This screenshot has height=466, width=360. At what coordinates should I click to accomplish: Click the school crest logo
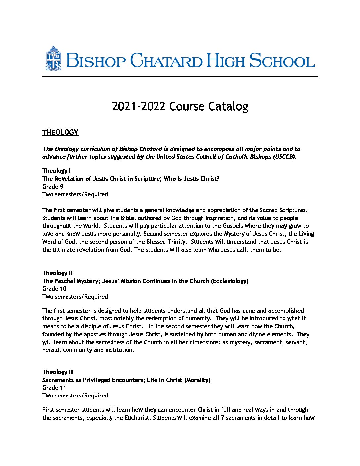click(x=53, y=59)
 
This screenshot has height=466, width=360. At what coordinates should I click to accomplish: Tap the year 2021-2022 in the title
click(x=138, y=107)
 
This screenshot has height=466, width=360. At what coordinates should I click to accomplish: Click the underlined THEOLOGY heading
click(x=60, y=132)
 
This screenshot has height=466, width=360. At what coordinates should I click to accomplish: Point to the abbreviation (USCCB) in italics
click(x=285, y=157)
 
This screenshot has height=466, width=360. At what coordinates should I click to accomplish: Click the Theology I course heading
click(x=56, y=171)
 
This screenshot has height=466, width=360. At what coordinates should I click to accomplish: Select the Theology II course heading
click(x=57, y=273)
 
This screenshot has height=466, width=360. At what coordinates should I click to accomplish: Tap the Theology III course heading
click(x=58, y=372)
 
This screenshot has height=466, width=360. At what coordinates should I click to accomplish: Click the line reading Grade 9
click(x=53, y=187)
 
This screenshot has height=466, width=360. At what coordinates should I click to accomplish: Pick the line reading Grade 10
click(x=54, y=289)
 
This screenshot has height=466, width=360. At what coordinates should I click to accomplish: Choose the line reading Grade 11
click(x=54, y=388)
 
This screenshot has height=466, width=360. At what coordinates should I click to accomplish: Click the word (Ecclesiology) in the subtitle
click(x=230, y=281)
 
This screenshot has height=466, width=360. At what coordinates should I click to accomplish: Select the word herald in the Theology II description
click(x=51, y=350)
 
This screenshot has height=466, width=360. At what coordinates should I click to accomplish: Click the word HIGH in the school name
click(x=226, y=61)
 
